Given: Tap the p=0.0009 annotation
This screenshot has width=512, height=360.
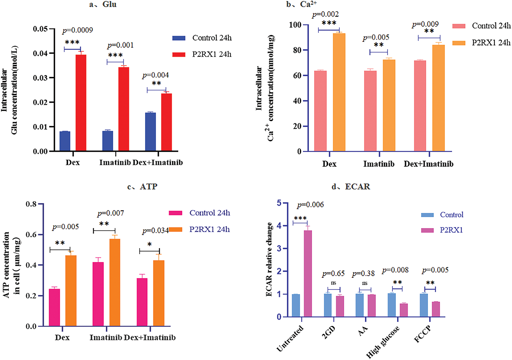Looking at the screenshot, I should click(78, 30).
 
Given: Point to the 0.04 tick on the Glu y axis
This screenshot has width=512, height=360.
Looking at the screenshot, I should click(40, 53).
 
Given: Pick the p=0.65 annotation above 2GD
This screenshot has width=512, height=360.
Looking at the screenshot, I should click(333, 274).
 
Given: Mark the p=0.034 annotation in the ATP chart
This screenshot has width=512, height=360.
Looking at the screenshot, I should click(155, 231).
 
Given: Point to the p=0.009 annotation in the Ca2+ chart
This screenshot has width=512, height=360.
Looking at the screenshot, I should click(425, 24).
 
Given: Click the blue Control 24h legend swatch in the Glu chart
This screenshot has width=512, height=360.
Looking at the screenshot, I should click(179, 38).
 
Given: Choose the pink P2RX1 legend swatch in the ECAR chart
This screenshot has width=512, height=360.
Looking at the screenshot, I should click(427, 230).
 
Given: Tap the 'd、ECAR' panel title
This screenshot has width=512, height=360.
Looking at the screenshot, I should click(351, 187).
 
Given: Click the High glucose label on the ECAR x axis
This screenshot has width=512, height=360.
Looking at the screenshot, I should click(383, 342).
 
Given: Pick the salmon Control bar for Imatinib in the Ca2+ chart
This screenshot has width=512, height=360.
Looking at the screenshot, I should click(370, 111).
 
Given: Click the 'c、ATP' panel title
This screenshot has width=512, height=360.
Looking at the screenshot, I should click(142, 187).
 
